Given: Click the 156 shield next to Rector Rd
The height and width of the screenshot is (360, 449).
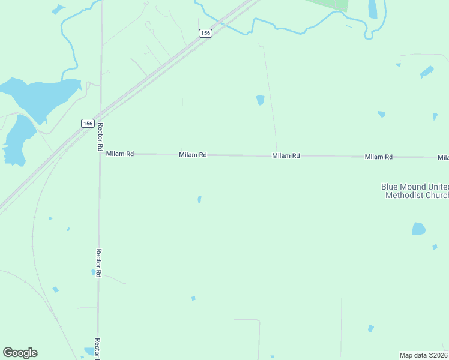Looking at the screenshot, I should click(x=88, y=123).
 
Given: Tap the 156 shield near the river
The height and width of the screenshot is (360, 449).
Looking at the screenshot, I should click(x=205, y=34).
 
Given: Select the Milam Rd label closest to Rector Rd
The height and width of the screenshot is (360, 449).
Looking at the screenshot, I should click(x=119, y=154).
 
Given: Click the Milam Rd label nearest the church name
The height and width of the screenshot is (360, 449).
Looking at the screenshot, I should click(x=379, y=157).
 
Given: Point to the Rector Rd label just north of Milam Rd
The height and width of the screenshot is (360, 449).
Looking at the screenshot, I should click(x=101, y=136).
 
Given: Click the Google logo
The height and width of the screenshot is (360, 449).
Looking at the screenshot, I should click(x=20, y=353).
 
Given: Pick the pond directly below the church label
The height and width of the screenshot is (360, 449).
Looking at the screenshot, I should click(x=418, y=229).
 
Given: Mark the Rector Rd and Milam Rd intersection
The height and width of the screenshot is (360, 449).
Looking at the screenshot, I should click(x=100, y=154).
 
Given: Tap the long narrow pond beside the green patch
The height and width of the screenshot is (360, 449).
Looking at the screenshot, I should click(x=373, y=9).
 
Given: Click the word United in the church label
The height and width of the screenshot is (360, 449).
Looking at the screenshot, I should click(x=438, y=187).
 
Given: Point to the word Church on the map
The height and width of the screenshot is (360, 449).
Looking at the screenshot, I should click(x=436, y=195).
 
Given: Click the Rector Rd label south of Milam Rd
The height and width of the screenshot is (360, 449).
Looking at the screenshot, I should click(x=99, y=263).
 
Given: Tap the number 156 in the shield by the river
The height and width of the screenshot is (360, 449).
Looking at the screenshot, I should click(x=205, y=34).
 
